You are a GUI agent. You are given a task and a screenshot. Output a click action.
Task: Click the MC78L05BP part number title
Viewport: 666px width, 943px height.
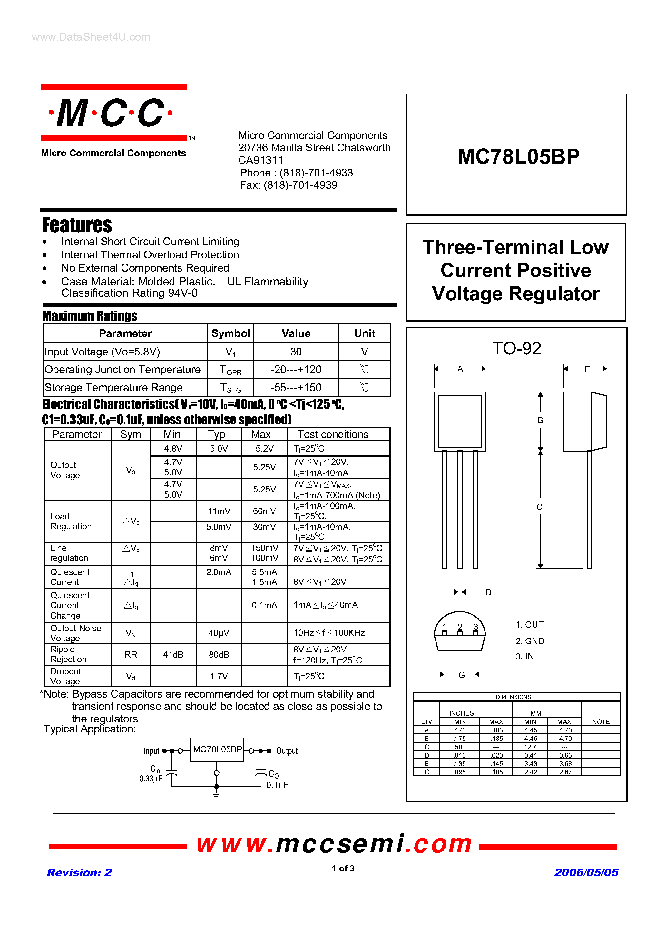tap(518, 156)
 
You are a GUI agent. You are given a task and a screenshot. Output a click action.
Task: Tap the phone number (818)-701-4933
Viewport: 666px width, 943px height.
tap(316, 173)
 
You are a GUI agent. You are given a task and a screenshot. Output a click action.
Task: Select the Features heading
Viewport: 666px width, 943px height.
tap(77, 225)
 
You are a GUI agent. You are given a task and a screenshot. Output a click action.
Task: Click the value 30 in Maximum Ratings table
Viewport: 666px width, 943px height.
tap(296, 352)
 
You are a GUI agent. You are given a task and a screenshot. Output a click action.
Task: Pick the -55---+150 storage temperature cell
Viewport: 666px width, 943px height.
tap(296, 387)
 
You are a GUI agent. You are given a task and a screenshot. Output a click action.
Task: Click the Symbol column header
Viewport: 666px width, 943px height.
tap(230, 333)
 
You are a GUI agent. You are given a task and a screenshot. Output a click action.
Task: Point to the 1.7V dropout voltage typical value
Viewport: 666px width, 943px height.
tap(219, 676)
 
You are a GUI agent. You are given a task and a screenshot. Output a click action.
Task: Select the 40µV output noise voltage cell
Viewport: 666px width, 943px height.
tap(219, 633)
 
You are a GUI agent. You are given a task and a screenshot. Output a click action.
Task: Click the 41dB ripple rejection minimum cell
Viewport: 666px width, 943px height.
tap(173, 654)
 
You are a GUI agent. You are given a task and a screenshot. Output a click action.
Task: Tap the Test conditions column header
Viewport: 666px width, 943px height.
tap(333, 434)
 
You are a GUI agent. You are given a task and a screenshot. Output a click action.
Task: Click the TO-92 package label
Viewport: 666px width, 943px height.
tap(516, 348)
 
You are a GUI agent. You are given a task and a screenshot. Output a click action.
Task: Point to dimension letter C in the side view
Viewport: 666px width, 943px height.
tap(540, 507)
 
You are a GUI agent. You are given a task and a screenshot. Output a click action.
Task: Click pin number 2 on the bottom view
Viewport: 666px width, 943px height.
tap(460, 626)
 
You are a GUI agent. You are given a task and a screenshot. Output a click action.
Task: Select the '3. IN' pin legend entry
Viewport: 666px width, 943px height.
tap(525, 656)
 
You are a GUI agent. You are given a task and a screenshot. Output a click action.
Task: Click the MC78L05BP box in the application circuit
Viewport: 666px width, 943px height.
tap(217, 749)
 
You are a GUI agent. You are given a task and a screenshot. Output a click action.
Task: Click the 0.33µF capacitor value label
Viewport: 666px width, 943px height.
tap(151, 779)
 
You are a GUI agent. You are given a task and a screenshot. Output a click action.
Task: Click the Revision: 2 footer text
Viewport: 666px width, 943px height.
tap(79, 872)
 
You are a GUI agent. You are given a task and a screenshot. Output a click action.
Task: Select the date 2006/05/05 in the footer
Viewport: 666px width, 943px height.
tap(586, 872)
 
